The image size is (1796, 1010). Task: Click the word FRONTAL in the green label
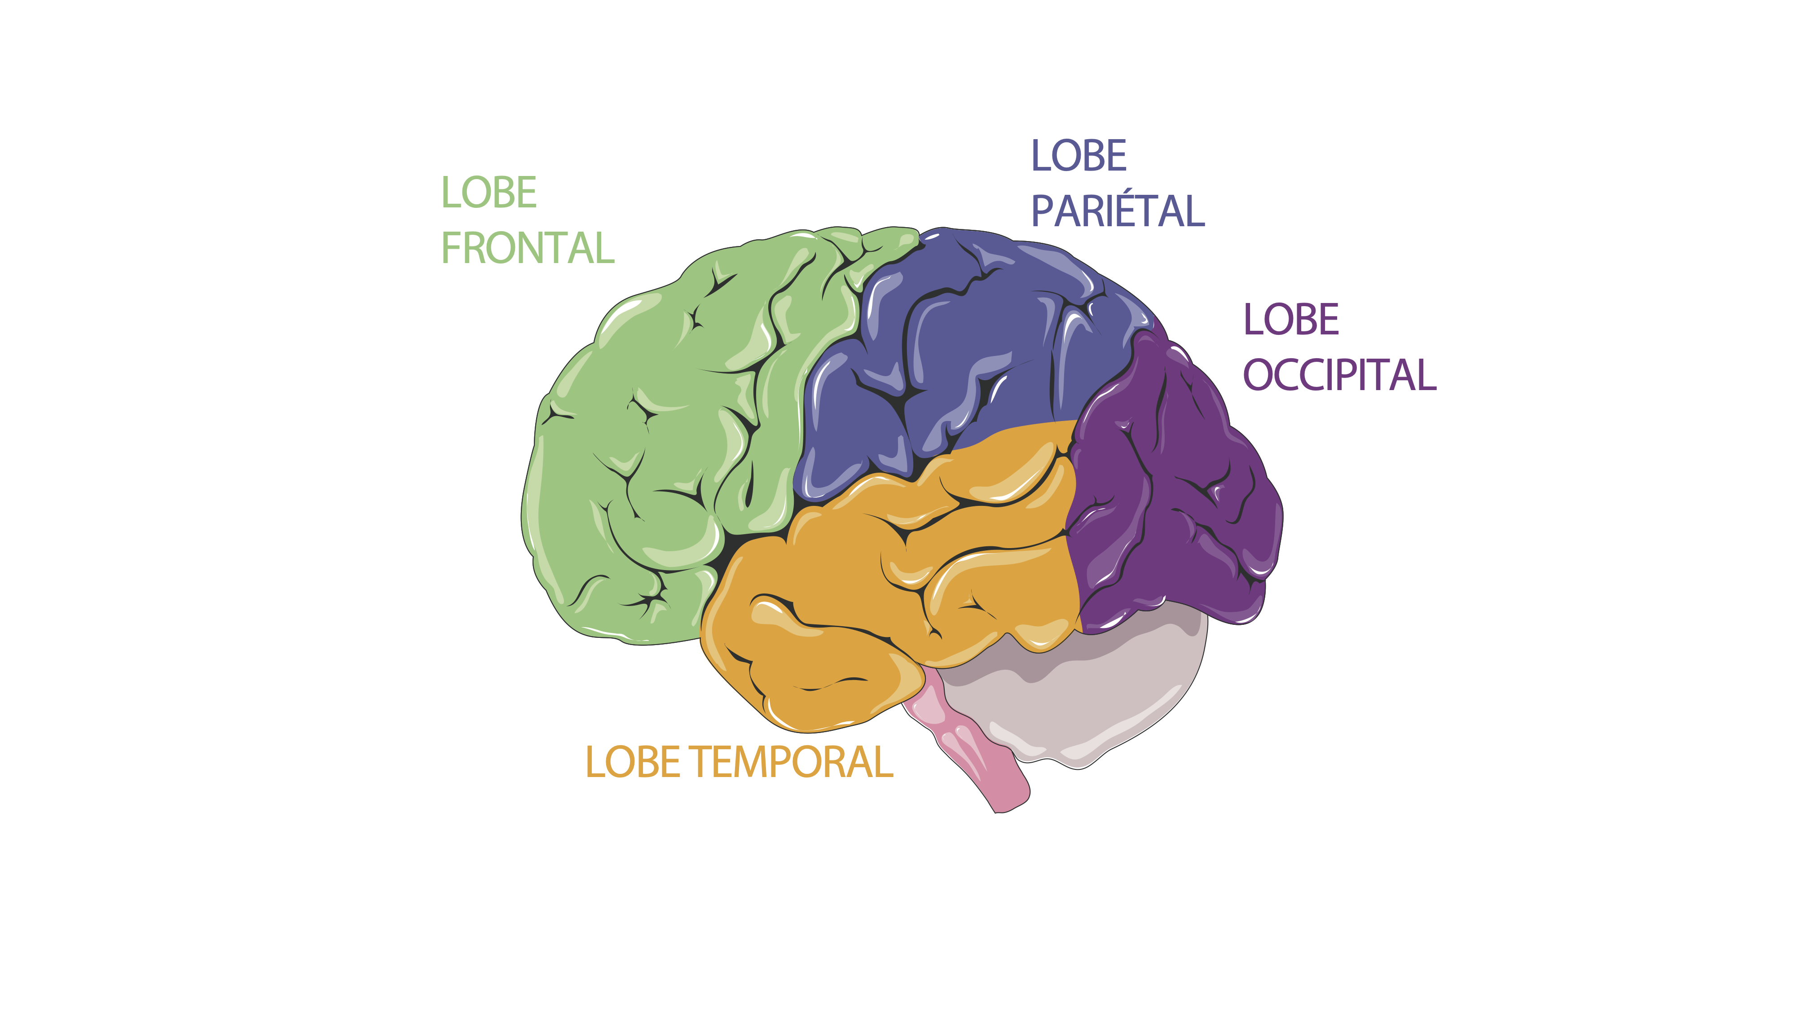(528, 248)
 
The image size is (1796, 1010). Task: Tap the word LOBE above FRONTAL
(489, 193)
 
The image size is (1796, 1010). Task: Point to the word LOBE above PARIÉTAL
(1078, 155)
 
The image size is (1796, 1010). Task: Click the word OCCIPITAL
(1339, 375)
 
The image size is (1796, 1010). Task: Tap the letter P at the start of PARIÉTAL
(1042, 211)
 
